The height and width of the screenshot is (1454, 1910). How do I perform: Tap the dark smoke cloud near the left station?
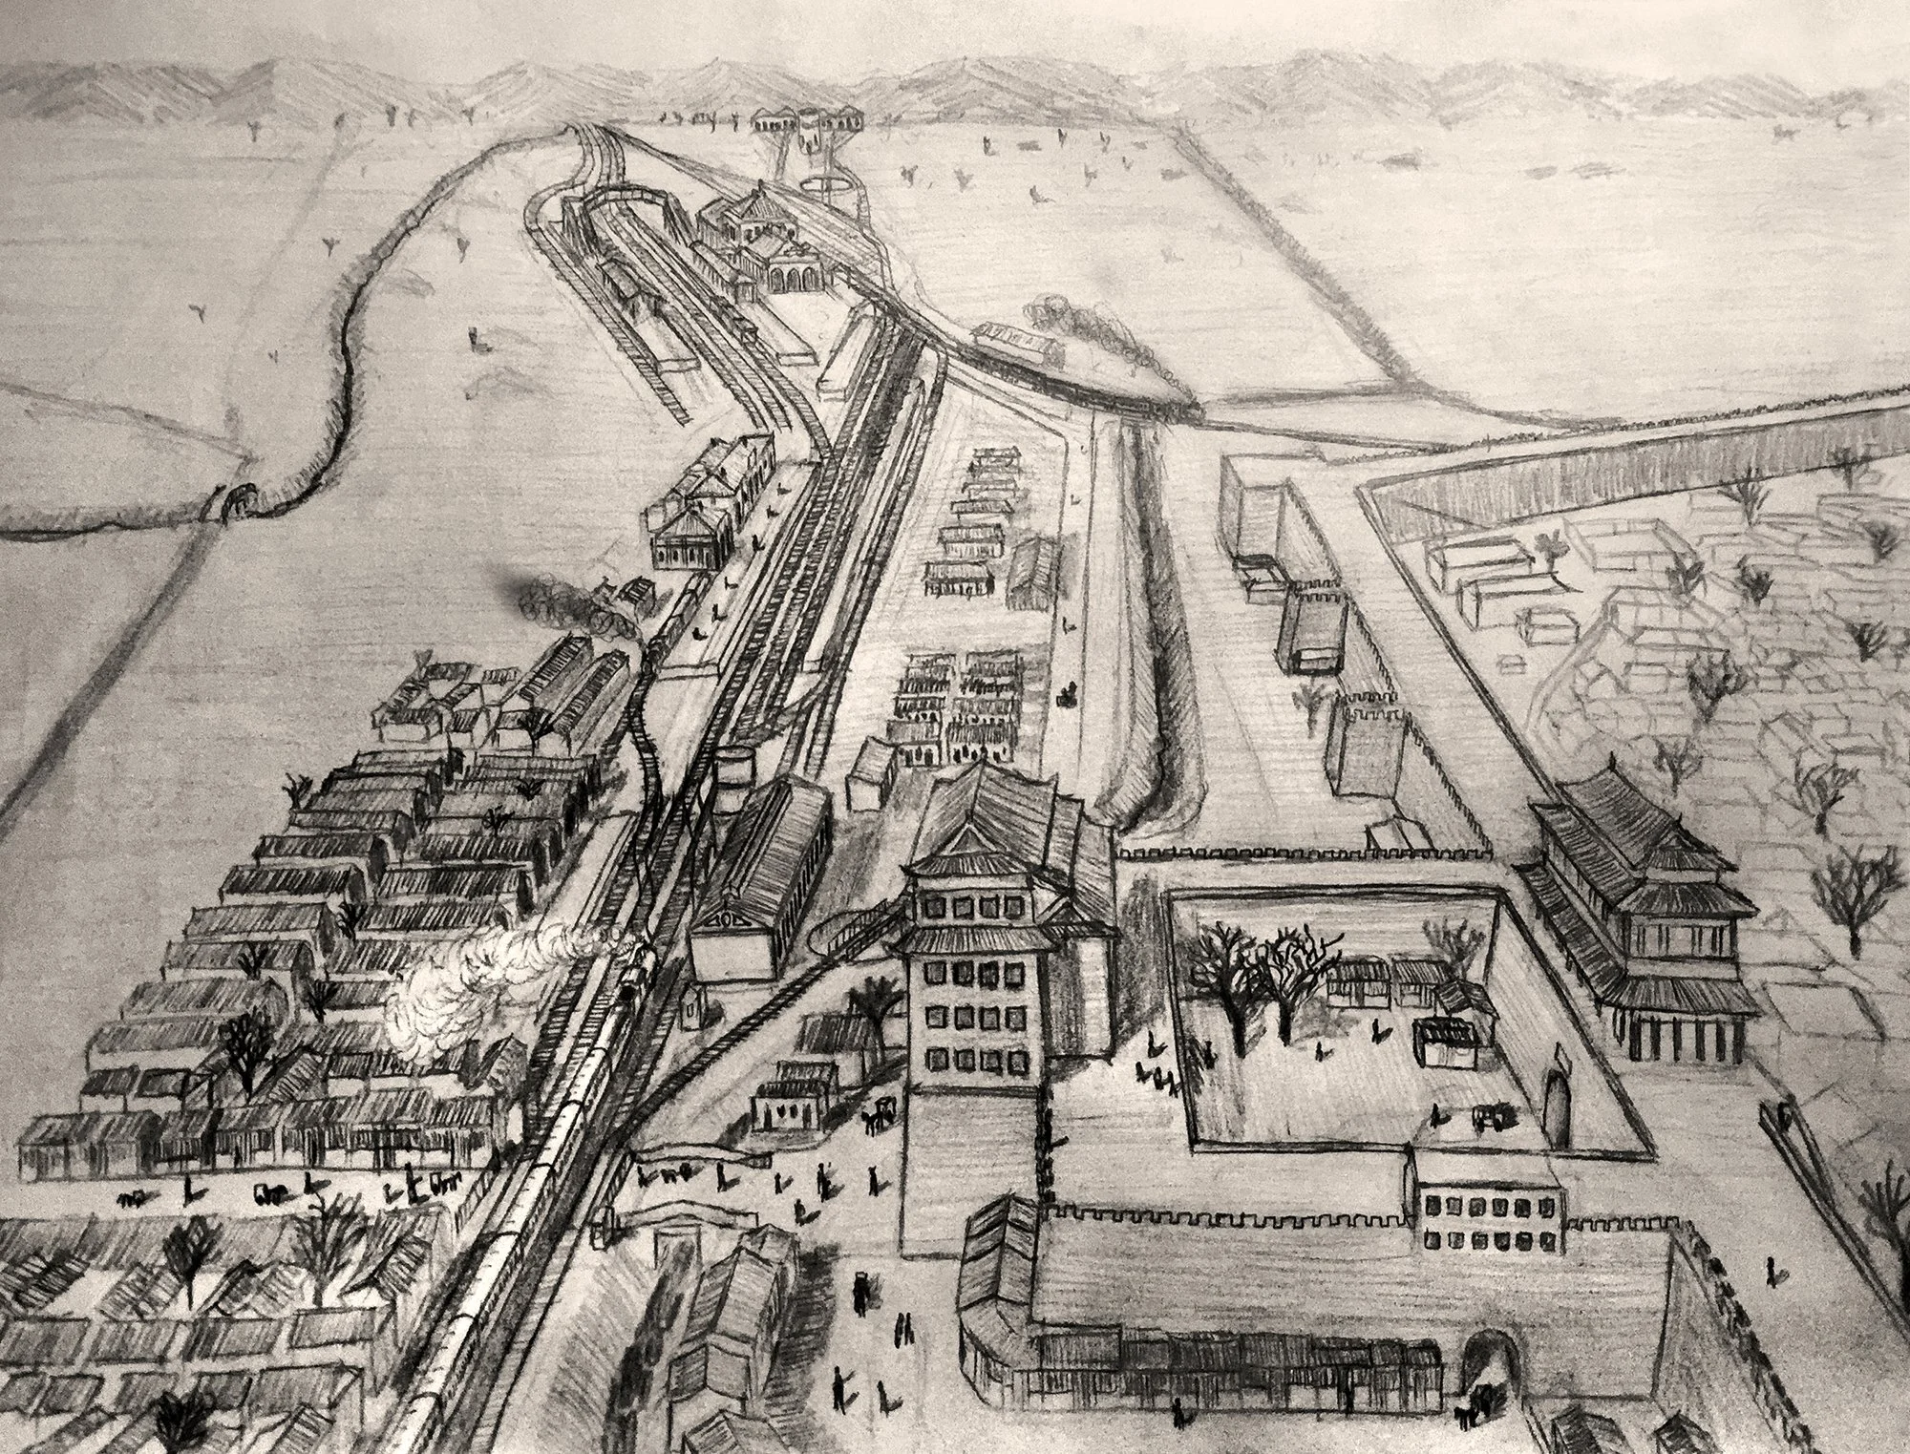click(x=535, y=597)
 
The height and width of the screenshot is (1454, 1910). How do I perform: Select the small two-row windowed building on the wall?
click(x=1490, y=1222)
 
